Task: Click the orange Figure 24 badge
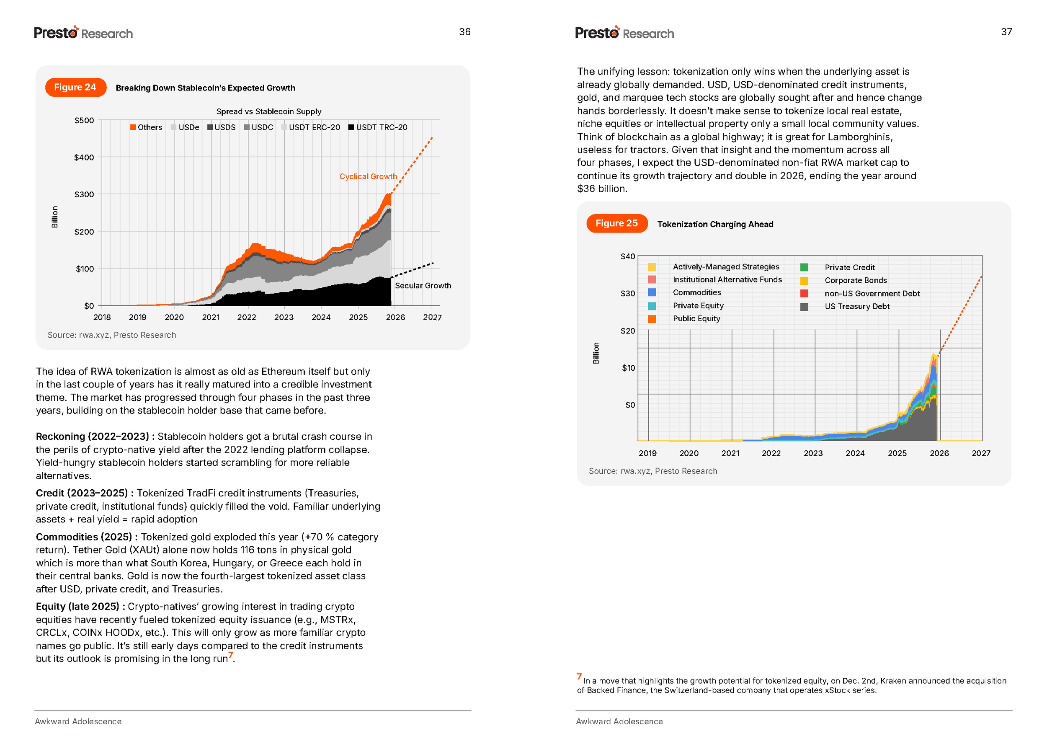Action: pos(75,88)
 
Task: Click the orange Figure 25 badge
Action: pos(616,224)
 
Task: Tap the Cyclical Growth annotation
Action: pos(368,177)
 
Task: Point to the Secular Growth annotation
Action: pos(423,286)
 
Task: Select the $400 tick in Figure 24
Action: pos(84,158)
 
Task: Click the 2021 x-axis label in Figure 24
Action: pos(211,318)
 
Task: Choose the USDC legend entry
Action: pos(259,127)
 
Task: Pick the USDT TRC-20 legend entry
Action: pos(378,127)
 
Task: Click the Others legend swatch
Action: pos(133,127)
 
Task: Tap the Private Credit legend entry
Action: pos(849,268)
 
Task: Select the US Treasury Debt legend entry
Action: pos(856,307)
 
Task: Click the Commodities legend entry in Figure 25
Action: pos(696,293)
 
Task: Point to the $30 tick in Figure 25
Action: pos(627,294)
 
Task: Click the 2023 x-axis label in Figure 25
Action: pos(812,454)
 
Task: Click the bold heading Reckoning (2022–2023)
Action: pos(92,437)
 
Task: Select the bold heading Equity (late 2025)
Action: pos(77,607)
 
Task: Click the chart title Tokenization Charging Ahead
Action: pos(715,225)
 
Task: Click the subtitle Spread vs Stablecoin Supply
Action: pos(268,112)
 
